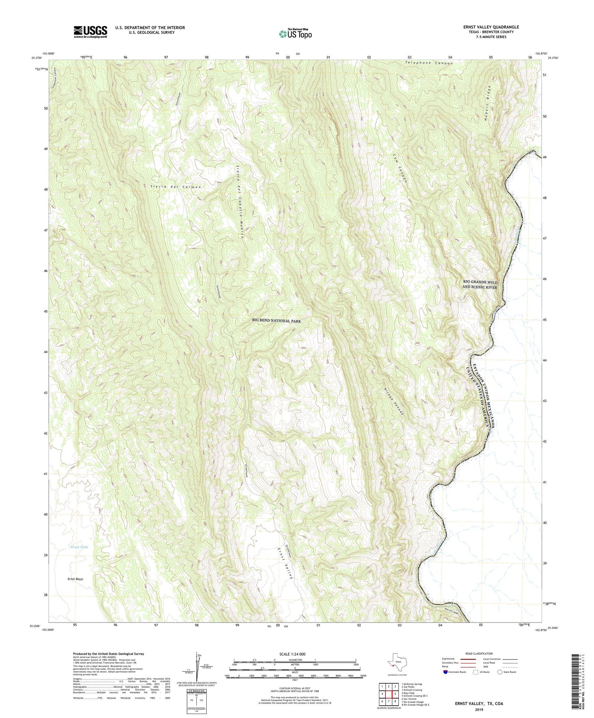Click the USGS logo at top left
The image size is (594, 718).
tap(90, 32)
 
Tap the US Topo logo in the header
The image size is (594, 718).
tap(295, 34)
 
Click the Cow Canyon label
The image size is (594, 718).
tap(400, 173)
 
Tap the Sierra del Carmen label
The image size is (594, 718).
tap(176, 187)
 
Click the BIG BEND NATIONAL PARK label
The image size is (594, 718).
tap(276, 321)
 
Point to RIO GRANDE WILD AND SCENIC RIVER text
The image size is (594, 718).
tap(480, 284)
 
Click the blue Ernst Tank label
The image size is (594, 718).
tap(78, 547)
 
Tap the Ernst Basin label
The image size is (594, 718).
tap(75, 579)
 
